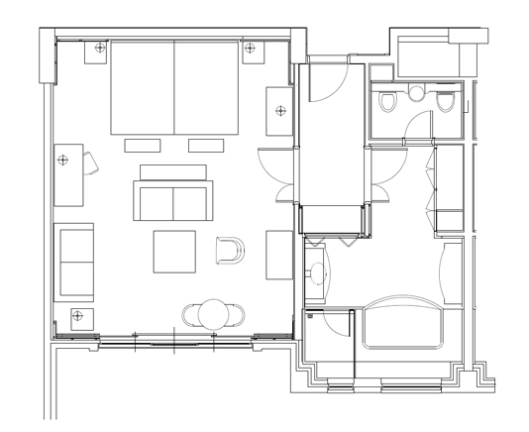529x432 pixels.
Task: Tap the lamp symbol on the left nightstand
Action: (99, 48)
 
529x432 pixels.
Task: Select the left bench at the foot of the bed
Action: (142, 145)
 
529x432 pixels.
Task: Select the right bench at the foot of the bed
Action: (207, 145)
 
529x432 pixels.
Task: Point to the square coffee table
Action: (174, 251)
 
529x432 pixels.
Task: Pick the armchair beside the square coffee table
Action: (229, 252)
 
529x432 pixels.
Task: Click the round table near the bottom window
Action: (213, 314)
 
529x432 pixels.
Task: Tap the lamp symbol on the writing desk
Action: (64, 159)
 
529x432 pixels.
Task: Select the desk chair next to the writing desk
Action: (90, 162)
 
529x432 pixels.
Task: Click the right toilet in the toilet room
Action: (445, 102)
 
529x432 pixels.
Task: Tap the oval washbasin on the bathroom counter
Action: (318, 270)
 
